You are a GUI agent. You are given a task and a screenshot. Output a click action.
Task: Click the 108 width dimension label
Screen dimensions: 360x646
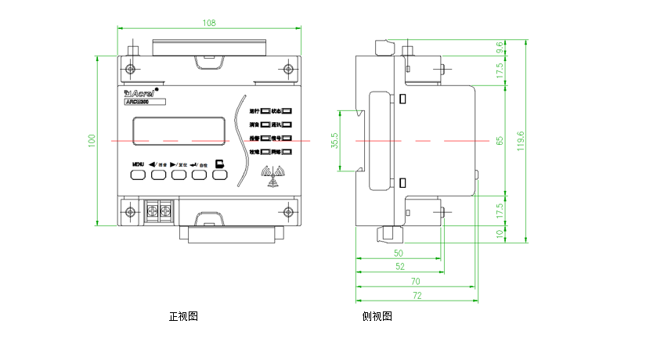209,23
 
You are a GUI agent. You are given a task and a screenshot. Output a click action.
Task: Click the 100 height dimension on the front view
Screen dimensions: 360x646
92,141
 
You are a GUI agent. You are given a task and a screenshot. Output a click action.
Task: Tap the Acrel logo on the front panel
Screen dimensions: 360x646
140,92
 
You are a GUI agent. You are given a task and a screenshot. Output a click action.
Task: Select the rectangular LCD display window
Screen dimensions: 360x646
179,130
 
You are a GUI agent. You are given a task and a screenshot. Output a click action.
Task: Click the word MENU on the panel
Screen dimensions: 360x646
138,164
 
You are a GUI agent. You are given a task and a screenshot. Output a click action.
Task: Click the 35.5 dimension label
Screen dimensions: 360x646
335,141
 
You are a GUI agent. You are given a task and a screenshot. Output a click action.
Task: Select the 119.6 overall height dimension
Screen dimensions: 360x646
521,141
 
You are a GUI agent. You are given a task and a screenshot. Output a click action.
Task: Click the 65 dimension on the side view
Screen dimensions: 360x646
500,141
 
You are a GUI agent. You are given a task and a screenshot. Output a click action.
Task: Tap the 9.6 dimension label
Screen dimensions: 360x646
500,48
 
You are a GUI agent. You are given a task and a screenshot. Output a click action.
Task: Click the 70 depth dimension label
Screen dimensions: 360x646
416,280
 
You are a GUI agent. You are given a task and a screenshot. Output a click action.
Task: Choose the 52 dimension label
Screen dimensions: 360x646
400,267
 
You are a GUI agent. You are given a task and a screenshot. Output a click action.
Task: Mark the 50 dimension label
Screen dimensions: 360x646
398,254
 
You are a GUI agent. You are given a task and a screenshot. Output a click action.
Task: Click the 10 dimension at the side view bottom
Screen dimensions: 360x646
500,233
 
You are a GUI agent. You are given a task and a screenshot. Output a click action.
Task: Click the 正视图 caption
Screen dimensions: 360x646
183,317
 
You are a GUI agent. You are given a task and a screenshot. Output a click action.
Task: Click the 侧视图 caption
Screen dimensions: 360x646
377,317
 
